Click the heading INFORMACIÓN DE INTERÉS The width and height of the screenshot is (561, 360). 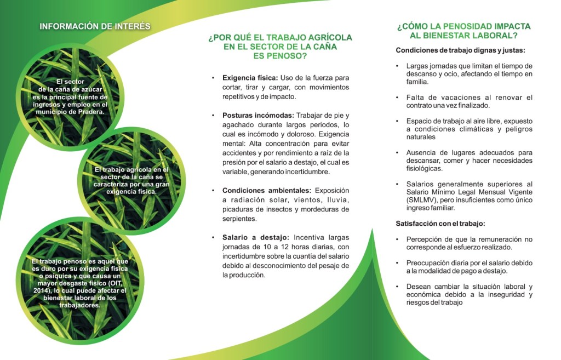(95, 26)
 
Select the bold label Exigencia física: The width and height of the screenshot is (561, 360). (250, 78)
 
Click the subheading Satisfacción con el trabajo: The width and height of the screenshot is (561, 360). (440, 224)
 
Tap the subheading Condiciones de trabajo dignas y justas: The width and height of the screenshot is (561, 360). (460, 50)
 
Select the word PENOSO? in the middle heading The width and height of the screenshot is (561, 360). (279, 56)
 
